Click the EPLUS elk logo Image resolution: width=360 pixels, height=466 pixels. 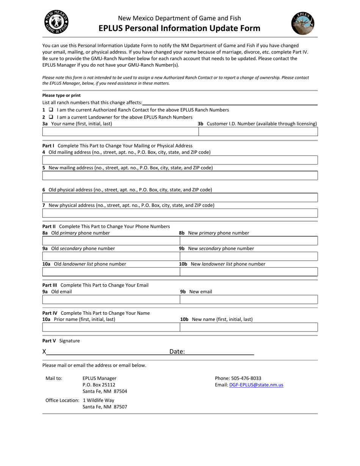(x=303, y=23)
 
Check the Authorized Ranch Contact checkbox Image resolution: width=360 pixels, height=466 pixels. (x=51, y=110)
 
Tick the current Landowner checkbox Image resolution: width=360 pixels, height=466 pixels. (x=51, y=117)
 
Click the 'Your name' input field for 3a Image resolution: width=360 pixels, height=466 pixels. (x=120, y=131)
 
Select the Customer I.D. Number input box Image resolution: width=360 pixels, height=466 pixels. (x=258, y=131)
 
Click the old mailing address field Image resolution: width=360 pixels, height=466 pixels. (x=180, y=160)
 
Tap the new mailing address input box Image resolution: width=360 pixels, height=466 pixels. (x=180, y=175)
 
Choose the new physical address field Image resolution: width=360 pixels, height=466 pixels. (x=180, y=213)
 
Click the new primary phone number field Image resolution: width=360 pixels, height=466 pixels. (x=249, y=241)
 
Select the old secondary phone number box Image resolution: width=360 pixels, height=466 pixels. (x=111, y=256)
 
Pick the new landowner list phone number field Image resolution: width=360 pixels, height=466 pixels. (x=249, y=272)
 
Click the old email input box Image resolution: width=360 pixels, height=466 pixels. (x=111, y=300)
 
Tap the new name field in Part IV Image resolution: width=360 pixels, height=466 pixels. (x=249, y=327)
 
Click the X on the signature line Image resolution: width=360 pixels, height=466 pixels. (x=44, y=352)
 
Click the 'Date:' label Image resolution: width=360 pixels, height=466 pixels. (x=177, y=352)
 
